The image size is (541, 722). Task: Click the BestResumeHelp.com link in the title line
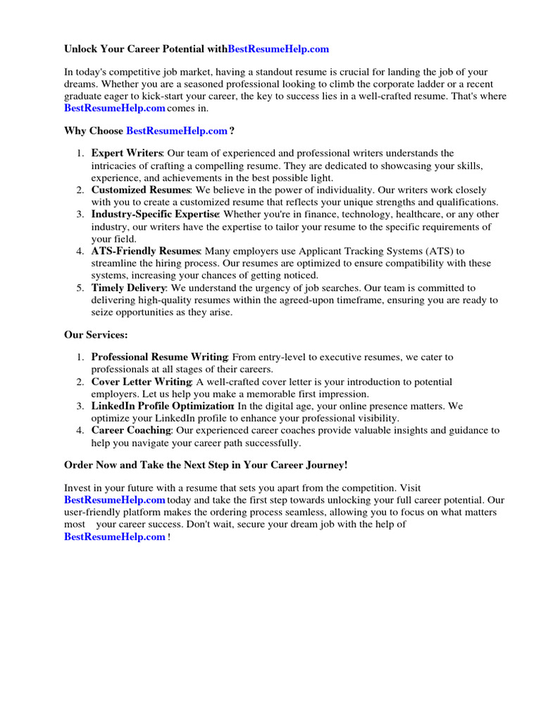[x=278, y=49]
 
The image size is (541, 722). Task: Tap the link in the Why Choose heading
[x=177, y=131]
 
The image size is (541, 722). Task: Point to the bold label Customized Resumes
[x=140, y=190]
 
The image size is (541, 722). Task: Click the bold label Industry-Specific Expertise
[x=155, y=214]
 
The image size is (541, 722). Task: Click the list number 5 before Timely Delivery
[x=80, y=288]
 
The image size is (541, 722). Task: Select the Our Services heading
[x=96, y=336]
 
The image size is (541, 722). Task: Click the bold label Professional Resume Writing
[x=159, y=357]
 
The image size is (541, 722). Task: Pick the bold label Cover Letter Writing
[x=141, y=381]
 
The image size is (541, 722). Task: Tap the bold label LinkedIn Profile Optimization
[x=162, y=406]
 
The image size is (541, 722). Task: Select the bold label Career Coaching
[x=131, y=430]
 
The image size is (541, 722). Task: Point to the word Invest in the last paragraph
[x=77, y=487]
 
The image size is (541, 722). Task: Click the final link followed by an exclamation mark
[x=115, y=537]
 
